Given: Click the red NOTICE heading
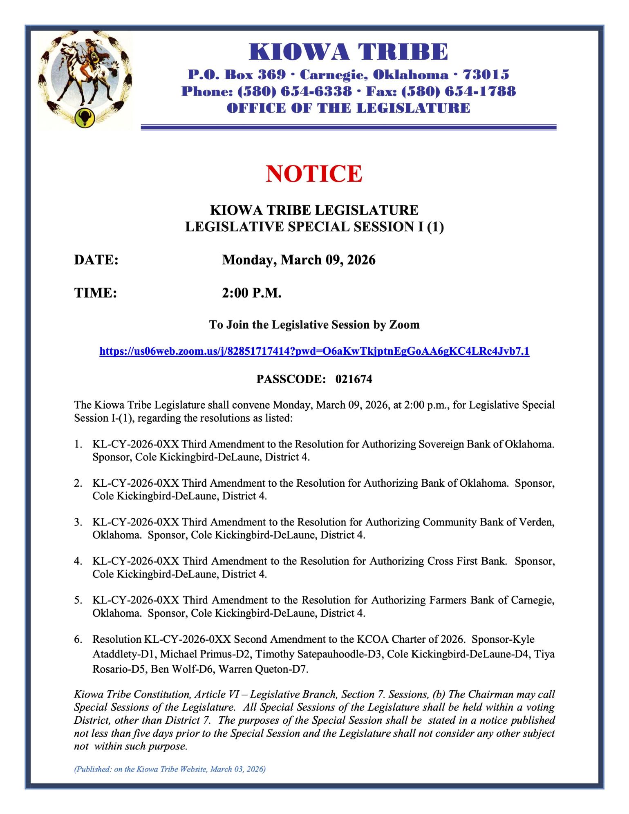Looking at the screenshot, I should pyautogui.click(x=314, y=174).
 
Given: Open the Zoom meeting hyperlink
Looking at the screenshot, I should pyautogui.click(x=314, y=351).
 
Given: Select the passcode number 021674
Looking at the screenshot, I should pyautogui.click(x=354, y=380).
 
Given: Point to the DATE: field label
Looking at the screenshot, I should pyautogui.click(x=96, y=260).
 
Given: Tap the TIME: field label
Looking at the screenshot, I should pyautogui.click(x=95, y=293).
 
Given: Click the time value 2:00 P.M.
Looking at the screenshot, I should pyautogui.click(x=252, y=293).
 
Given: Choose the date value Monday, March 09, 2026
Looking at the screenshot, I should pyautogui.click(x=299, y=260).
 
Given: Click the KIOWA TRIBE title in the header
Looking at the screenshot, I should pyautogui.click(x=348, y=52).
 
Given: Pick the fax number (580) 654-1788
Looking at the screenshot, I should pyautogui.click(x=459, y=91).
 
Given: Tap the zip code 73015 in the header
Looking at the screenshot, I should pyautogui.click(x=486, y=75).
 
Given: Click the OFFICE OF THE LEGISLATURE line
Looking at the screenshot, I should pyautogui.click(x=348, y=108).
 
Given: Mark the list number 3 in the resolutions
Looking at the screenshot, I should pyautogui.click(x=78, y=522).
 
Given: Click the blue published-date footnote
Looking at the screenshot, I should pyautogui.click(x=170, y=769).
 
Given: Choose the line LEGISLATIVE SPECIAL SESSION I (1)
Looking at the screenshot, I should pyautogui.click(x=314, y=227).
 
